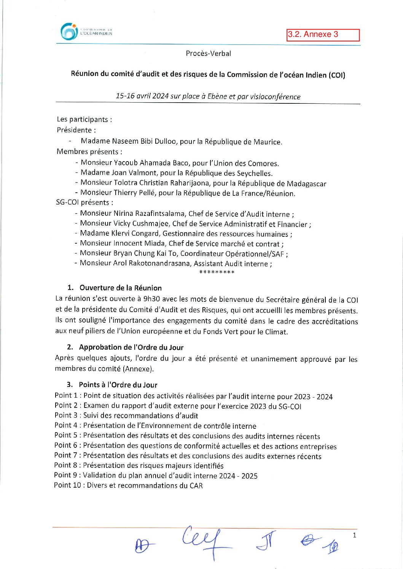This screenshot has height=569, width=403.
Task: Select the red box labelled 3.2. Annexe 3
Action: coord(323,35)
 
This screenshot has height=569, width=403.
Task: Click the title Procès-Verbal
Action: coord(208,54)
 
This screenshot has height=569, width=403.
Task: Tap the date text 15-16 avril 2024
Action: coord(142,96)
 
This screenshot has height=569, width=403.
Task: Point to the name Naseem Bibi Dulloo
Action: coord(144,141)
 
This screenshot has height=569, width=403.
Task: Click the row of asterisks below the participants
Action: coord(217,272)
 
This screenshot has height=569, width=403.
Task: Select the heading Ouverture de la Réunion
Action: coord(120,288)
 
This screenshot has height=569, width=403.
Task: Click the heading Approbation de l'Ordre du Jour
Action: coord(131,347)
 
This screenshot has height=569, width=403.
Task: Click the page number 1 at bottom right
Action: coord(354,536)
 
